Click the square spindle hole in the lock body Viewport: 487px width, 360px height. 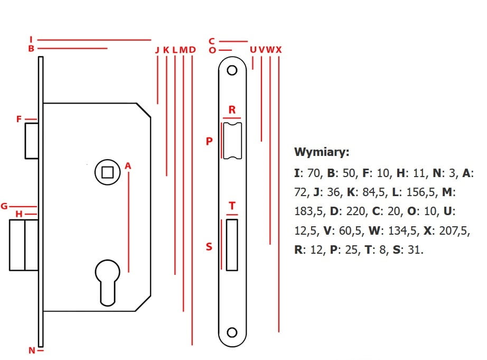(x=107, y=172)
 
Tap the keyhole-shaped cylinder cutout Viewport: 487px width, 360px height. (x=107, y=280)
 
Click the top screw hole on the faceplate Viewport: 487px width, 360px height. (x=232, y=71)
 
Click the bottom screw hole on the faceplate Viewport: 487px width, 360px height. (x=232, y=332)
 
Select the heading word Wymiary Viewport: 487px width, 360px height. (x=322, y=153)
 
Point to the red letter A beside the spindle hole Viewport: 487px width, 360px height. (x=128, y=167)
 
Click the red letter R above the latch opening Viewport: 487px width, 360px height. (x=232, y=110)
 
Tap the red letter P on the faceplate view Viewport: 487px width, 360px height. (x=209, y=141)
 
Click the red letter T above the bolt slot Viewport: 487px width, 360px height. (x=232, y=206)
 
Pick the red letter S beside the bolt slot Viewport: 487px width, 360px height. (x=209, y=246)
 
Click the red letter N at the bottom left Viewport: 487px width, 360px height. (x=32, y=350)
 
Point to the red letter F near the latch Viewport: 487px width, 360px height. (x=19, y=119)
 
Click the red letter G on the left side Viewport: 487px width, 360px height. (x=4, y=206)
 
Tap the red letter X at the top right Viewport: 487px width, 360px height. (x=278, y=50)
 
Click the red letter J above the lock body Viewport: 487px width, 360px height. (x=157, y=50)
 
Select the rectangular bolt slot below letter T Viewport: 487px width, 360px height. (x=232, y=244)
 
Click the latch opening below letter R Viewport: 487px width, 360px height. (x=232, y=140)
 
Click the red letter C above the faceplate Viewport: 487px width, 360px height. (x=212, y=41)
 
